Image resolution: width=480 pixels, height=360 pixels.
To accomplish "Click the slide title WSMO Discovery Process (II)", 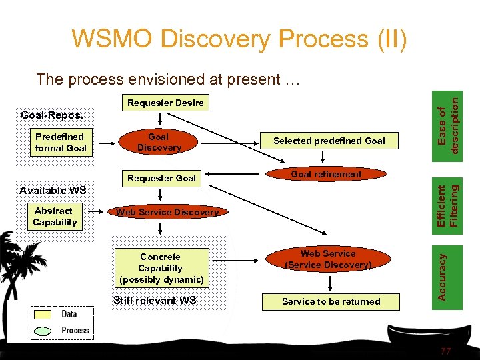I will (x=239, y=39).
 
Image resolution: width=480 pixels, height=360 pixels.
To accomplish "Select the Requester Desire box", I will (x=165, y=103).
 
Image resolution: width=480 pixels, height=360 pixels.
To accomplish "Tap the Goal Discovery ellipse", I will (x=159, y=142).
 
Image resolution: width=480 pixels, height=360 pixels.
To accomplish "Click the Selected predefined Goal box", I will (x=329, y=141).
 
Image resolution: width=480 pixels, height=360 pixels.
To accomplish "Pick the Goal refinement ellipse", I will (x=326, y=175).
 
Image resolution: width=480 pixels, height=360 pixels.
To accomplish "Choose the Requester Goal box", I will (x=161, y=178).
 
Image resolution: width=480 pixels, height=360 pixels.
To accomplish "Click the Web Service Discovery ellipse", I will (x=167, y=212).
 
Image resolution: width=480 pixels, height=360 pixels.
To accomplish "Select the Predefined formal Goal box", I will (x=61, y=143).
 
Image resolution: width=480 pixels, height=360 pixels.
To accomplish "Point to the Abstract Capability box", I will (x=55, y=217).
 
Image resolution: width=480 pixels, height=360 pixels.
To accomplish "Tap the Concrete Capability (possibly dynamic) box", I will (x=161, y=268).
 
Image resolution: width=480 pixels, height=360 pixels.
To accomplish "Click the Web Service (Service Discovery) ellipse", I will (x=327, y=259).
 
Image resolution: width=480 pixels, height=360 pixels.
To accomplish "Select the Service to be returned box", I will (x=331, y=301).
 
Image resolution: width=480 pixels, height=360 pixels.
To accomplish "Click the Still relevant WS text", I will (x=155, y=300).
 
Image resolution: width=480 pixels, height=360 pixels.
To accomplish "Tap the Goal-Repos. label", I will (x=52, y=115).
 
